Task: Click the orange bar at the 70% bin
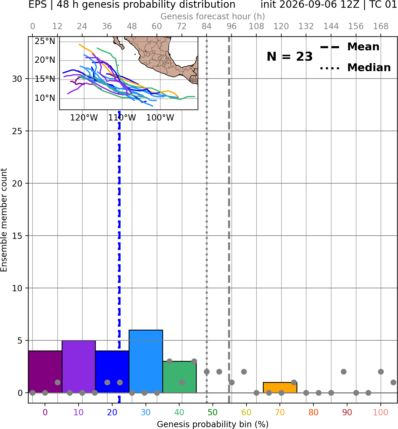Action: [x=280, y=388]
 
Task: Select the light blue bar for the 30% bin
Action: [x=146, y=361]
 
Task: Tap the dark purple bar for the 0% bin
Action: [x=45, y=372]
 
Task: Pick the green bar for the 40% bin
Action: [x=180, y=377]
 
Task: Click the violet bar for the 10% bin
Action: [x=79, y=367]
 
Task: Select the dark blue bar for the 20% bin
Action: [x=112, y=372]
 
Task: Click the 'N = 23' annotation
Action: [x=290, y=57]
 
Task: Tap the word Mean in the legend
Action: [x=363, y=47]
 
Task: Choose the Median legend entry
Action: [x=356, y=68]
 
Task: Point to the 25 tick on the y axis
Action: [x=17, y=131]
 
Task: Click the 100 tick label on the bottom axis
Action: [x=380, y=412]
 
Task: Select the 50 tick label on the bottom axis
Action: [x=213, y=412]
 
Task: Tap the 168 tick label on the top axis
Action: [x=381, y=26]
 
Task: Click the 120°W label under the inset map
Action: [x=84, y=118]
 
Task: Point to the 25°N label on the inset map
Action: [x=45, y=41]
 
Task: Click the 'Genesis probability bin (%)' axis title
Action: [x=213, y=424]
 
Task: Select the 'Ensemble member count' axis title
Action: [x=4, y=220]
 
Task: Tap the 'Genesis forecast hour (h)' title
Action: [x=213, y=16]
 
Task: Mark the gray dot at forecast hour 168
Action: [x=381, y=372]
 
